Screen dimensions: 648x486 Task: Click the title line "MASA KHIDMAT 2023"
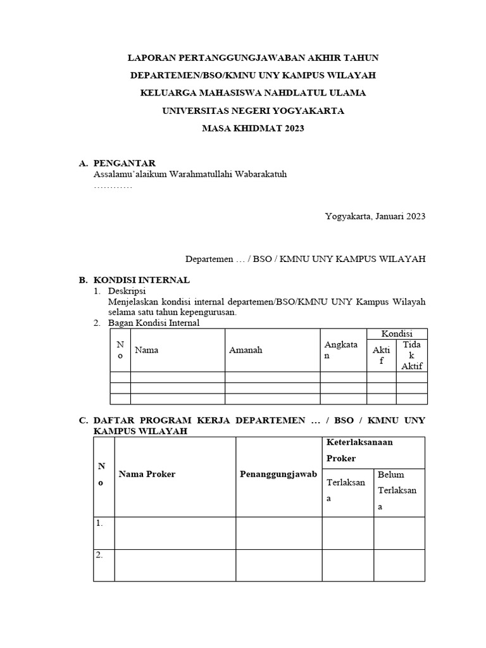(252, 128)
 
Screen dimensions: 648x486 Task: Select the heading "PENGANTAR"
(125, 163)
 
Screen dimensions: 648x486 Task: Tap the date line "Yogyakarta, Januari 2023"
(375, 216)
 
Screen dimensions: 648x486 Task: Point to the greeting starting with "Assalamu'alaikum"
(190, 175)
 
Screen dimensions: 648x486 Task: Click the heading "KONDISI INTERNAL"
(142, 280)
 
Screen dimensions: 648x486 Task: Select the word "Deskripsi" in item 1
(127, 291)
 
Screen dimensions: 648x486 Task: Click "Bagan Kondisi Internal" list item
(154, 323)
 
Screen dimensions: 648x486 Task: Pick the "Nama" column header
(146, 350)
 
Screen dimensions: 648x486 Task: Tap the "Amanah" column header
(246, 350)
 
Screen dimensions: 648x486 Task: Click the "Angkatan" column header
(341, 350)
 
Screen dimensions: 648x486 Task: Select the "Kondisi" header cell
(397, 333)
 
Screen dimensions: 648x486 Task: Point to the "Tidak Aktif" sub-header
(411, 355)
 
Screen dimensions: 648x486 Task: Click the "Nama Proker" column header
(147, 475)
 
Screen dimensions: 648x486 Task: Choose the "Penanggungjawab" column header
(278, 475)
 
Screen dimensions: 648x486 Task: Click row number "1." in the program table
(100, 523)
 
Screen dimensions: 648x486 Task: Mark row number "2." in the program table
(100, 555)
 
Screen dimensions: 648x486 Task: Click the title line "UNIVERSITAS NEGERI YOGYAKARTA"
(252, 111)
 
